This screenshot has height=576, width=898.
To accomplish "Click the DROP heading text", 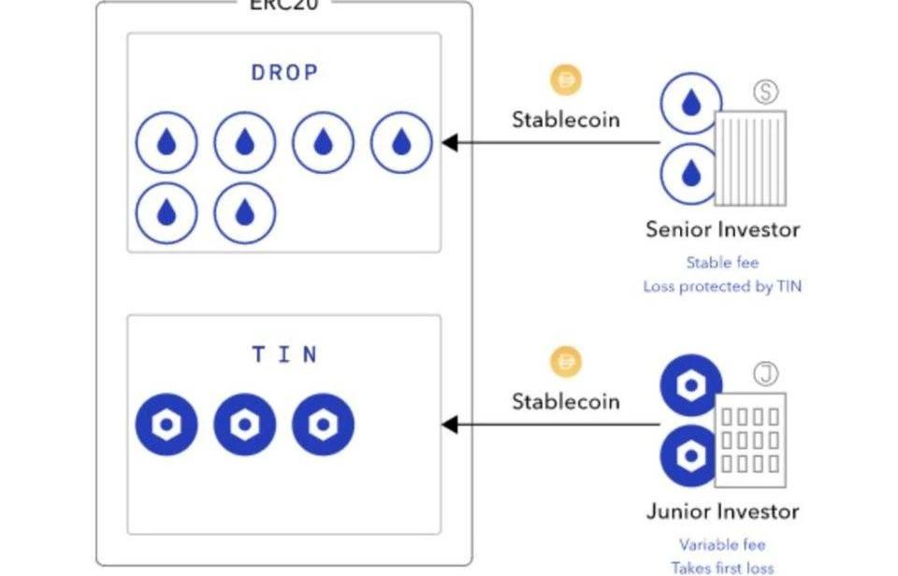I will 284,73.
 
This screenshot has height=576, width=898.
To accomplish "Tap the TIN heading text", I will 284,354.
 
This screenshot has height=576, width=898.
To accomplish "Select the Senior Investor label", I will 722,229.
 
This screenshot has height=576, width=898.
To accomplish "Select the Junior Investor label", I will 722,511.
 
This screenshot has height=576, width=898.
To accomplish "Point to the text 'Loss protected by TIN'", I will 722,287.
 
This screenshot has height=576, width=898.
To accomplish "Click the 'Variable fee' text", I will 722,544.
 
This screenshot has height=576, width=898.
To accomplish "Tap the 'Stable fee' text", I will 722,263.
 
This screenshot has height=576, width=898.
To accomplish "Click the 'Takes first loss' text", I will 722,567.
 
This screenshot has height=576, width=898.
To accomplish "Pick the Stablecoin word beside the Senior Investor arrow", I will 565,120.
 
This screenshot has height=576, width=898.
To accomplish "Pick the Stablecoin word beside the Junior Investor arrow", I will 565,401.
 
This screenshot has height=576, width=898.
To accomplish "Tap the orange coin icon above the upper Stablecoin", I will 565,80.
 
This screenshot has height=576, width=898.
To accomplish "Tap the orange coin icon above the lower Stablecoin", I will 565,361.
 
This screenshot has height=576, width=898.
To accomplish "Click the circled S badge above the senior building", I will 766,91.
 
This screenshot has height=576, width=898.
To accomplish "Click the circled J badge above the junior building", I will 766,375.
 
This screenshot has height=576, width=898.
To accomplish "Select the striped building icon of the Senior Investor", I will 749,159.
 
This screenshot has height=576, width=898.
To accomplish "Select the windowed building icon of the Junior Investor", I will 749,439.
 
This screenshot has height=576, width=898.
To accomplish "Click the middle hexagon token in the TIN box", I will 244,425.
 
